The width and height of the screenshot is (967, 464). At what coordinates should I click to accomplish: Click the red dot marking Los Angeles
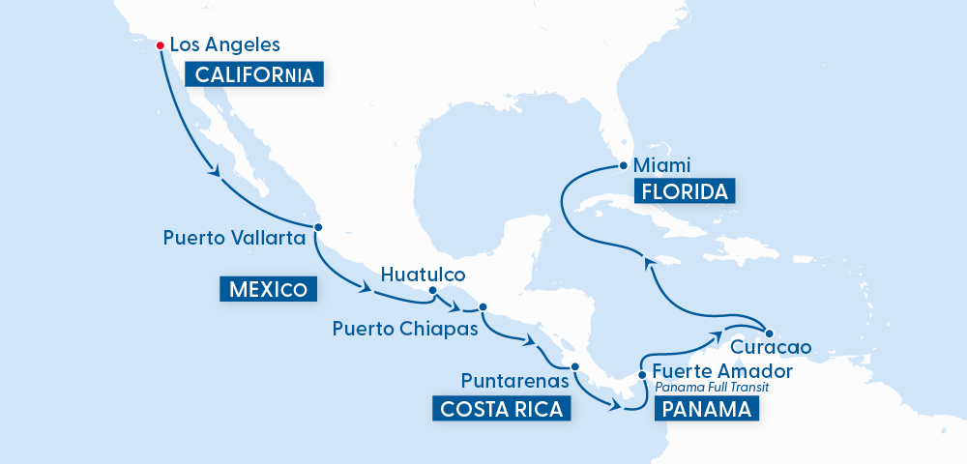pyautogui.click(x=160, y=43)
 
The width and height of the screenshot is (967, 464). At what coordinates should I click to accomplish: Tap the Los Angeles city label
pyautogui.click(x=224, y=44)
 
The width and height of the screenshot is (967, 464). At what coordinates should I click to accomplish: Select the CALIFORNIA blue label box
pyautogui.click(x=256, y=74)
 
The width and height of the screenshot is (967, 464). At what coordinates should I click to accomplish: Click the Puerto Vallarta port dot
pyautogui.click(x=318, y=228)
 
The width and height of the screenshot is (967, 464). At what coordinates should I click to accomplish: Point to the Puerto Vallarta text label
pyautogui.click(x=235, y=237)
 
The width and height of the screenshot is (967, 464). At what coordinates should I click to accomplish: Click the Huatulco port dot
pyautogui.click(x=432, y=290)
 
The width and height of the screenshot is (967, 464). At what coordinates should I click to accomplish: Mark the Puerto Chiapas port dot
pyautogui.click(x=483, y=307)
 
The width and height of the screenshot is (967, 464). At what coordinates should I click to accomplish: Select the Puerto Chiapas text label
pyautogui.click(x=406, y=329)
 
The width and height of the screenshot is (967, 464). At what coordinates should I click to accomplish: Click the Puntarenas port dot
pyautogui.click(x=574, y=366)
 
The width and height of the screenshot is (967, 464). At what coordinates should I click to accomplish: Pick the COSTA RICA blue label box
pyautogui.click(x=501, y=409)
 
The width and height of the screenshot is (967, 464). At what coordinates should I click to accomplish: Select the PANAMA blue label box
pyautogui.click(x=706, y=410)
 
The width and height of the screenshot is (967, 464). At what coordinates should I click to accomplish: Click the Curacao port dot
pyautogui.click(x=765, y=327)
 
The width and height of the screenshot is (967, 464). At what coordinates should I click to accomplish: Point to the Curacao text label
pyautogui.click(x=771, y=345)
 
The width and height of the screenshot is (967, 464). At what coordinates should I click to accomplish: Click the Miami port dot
pyautogui.click(x=624, y=165)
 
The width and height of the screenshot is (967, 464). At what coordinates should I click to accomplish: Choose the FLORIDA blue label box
pyautogui.click(x=685, y=190)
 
